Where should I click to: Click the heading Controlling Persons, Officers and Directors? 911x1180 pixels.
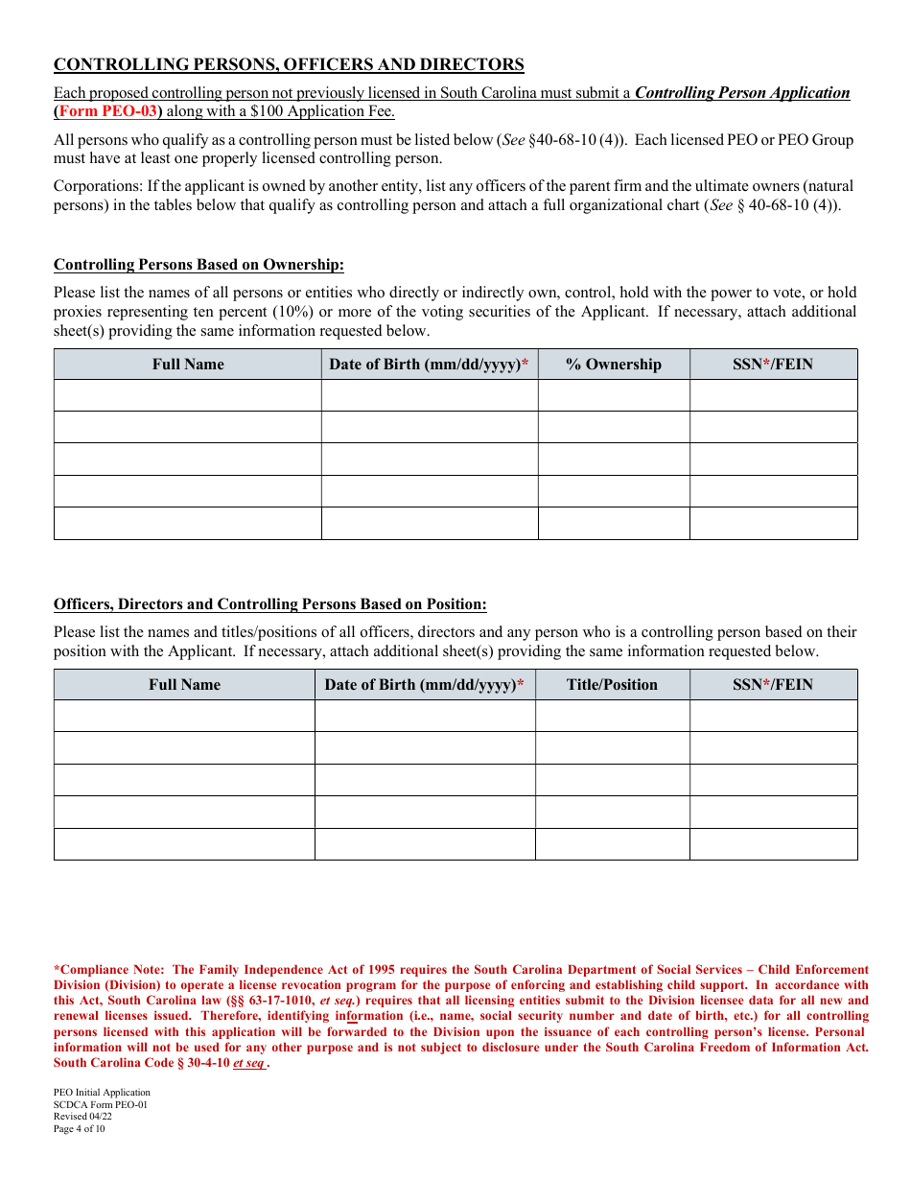[289, 65]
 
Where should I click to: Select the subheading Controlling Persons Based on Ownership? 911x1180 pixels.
[199, 265]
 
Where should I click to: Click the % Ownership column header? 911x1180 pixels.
[613, 365]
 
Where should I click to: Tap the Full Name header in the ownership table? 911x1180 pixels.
[188, 365]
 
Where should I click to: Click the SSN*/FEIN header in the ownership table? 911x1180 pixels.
[773, 365]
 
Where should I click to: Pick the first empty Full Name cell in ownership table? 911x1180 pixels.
[188, 395]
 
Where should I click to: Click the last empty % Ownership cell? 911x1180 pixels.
[613, 523]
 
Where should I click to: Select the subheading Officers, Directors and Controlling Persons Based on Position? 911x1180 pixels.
[269, 604]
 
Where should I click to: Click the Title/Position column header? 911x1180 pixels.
[612, 685]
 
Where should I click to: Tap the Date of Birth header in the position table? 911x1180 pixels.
[425, 685]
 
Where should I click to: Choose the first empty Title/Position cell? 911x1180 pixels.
[612, 716]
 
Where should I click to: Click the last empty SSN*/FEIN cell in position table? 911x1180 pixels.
[773, 844]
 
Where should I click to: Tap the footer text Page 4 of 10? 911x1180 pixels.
[80, 1129]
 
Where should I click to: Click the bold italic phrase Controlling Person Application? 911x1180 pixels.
[742, 93]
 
